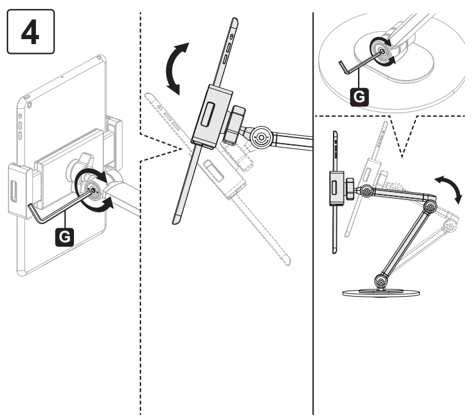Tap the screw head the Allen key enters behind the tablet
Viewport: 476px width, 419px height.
pyautogui.click(x=95, y=190)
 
